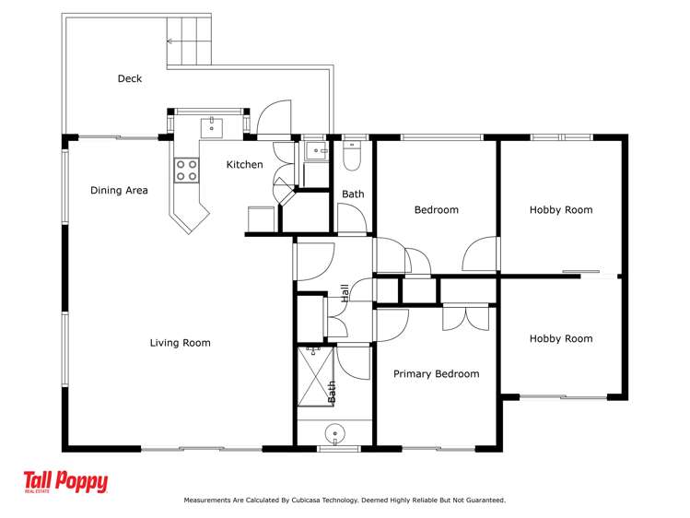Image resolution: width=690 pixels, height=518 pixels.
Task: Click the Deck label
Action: tap(130, 78)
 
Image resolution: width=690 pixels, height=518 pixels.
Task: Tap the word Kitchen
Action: tap(245, 165)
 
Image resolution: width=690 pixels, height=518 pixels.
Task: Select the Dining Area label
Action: tap(119, 191)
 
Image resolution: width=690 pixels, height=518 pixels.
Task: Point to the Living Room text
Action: tap(180, 343)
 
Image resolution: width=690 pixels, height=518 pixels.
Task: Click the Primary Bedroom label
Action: tap(436, 374)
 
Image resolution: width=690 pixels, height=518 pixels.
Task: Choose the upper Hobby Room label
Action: tap(560, 210)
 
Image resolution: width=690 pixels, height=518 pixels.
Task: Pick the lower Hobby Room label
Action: tap(560, 339)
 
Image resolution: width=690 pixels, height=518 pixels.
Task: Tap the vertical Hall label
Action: tap(345, 293)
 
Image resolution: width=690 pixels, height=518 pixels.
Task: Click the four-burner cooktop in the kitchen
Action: tap(186, 169)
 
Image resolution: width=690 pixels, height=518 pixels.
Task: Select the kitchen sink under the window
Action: tap(211, 125)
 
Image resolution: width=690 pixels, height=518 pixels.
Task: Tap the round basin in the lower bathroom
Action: tap(334, 432)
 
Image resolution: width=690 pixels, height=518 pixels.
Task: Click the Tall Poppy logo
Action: tap(65, 483)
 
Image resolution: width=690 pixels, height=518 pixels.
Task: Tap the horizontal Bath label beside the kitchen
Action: tap(353, 194)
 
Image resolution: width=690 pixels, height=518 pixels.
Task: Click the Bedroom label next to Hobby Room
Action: tap(436, 210)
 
